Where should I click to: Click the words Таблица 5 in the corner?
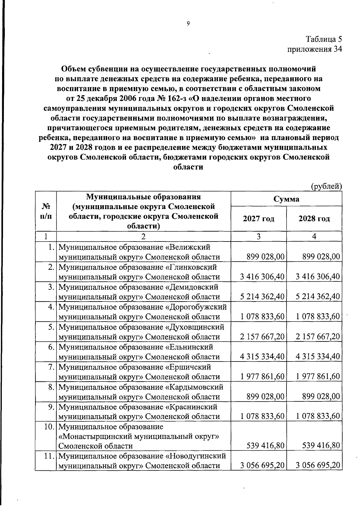pos(324,39)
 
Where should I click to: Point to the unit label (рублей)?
pos(326,187)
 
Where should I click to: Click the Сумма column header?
pos(286,199)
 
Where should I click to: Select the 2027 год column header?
pos(259,218)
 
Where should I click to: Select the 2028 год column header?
pos(314,218)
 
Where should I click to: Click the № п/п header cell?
pos(46,211)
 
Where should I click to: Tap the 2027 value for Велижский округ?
pos(265,256)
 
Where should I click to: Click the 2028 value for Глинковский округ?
pos(318,276)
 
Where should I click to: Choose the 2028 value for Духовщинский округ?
pos(318,337)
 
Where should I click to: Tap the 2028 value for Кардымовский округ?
pos(321,397)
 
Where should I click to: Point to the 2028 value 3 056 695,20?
pos(318,465)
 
